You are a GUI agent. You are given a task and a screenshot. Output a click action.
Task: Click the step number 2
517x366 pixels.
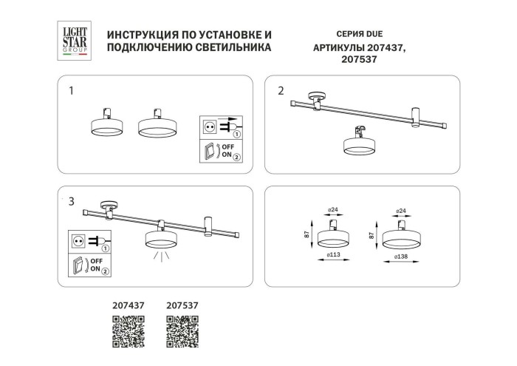click(x=281, y=91)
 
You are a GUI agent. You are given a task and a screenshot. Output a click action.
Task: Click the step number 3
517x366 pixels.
click(x=71, y=200)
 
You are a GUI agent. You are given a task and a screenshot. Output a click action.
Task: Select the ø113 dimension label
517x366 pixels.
click(x=333, y=256)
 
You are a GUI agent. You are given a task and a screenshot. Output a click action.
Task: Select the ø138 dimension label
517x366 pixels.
click(x=403, y=256)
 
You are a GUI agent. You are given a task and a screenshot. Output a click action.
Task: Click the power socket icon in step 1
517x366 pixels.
click(x=210, y=127)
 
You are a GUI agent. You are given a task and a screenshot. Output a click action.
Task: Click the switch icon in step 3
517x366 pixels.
click(x=78, y=264)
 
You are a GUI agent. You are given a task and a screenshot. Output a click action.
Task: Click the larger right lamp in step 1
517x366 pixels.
click(x=158, y=126)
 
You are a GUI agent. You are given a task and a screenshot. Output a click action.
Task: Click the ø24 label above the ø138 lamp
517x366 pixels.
click(x=402, y=211)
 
